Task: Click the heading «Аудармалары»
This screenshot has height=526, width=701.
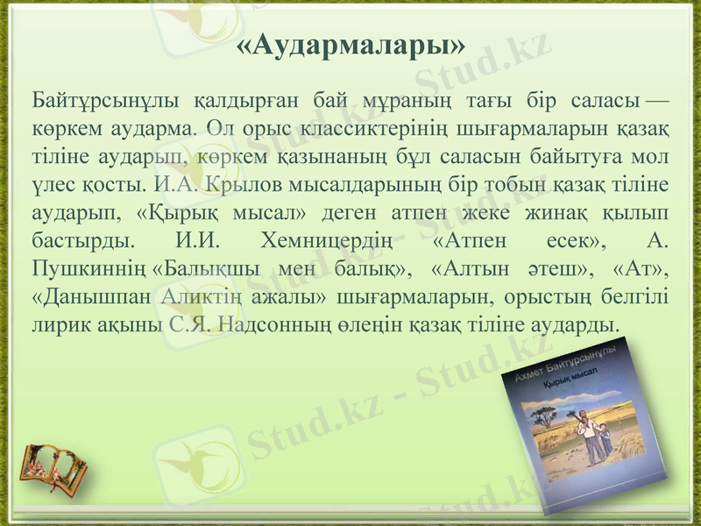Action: point(350,45)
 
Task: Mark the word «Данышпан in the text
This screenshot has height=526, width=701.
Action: point(92,295)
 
